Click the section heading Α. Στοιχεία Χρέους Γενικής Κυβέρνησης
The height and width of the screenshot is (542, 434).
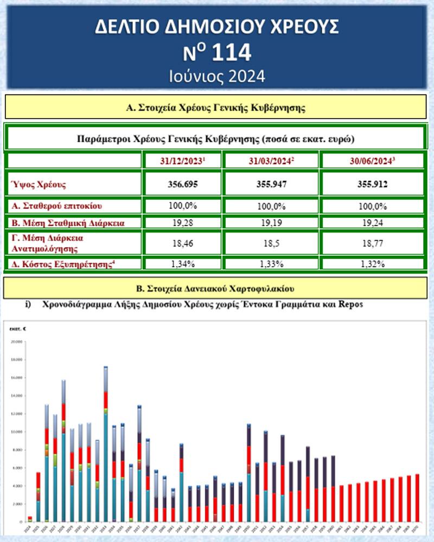[215, 107]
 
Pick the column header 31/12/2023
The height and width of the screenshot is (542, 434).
[182, 160]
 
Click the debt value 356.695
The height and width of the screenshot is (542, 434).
[182, 184]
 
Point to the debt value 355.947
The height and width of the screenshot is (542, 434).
[271, 184]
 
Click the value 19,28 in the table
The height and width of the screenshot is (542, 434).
[182, 222]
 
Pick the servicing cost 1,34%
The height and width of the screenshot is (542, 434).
[182, 264]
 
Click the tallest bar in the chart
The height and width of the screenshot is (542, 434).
[106, 444]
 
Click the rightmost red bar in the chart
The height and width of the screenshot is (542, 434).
[417, 498]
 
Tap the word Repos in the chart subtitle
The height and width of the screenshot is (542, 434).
[350, 304]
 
